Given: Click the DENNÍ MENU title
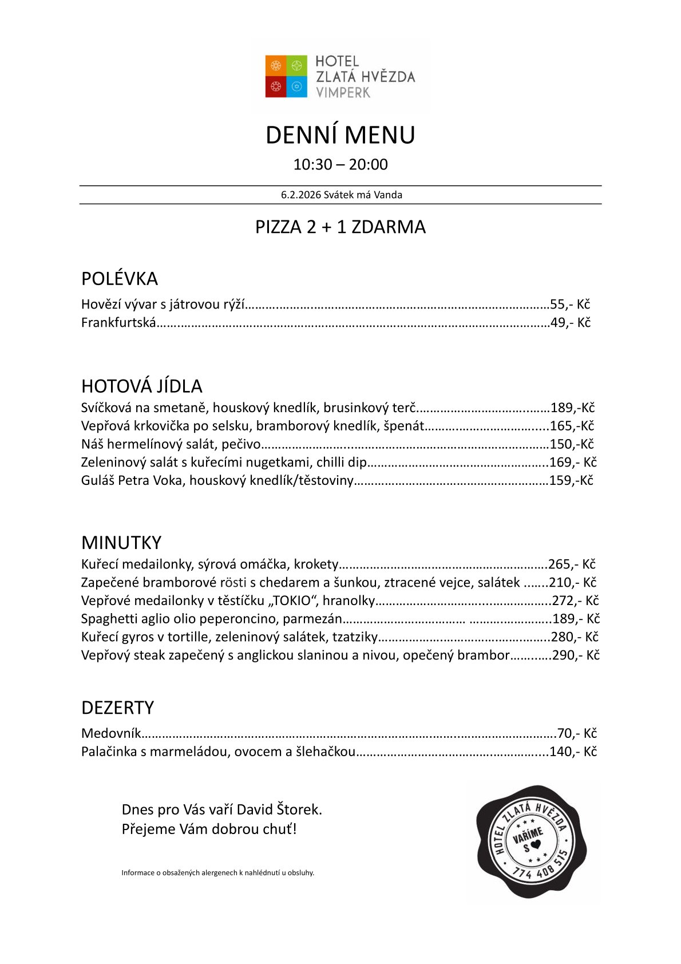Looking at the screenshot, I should click(340, 135).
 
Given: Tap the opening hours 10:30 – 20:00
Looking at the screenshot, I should click(340, 165).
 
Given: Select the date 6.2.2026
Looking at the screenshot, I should click(301, 195).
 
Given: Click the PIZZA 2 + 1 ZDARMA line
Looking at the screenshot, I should click(340, 227).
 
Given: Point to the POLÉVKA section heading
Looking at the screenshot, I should click(119, 279).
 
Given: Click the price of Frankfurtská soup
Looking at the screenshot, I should click(570, 323).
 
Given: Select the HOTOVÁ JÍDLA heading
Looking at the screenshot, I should click(141, 386).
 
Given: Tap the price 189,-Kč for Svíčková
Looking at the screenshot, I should click(572, 408).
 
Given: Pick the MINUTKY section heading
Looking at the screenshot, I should click(121, 543).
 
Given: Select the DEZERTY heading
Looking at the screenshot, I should click(117, 708).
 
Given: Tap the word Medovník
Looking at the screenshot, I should click(110, 734).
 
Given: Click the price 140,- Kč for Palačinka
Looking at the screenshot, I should click(573, 752).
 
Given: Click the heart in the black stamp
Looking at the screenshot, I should click(536, 844).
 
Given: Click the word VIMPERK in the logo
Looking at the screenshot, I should click(343, 92).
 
